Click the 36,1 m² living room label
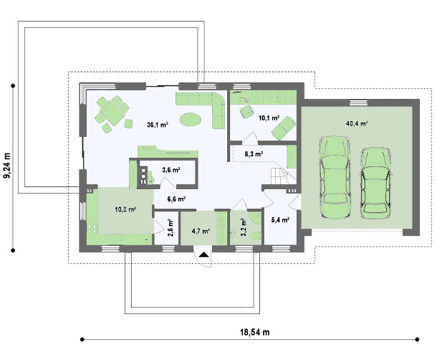coord(157,125)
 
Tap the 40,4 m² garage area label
coord(357,123)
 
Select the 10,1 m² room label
coord(269,118)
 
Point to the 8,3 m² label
coord(254,154)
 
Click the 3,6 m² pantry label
coord(171,170)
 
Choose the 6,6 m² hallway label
coord(177,199)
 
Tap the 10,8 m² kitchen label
coord(125,209)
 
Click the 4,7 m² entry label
coord(201,231)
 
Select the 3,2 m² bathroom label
coord(243,227)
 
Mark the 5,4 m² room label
coord(280,220)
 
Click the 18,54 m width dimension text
coord(255,332)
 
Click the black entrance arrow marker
coord(204,255)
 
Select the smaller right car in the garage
coord(375,183)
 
